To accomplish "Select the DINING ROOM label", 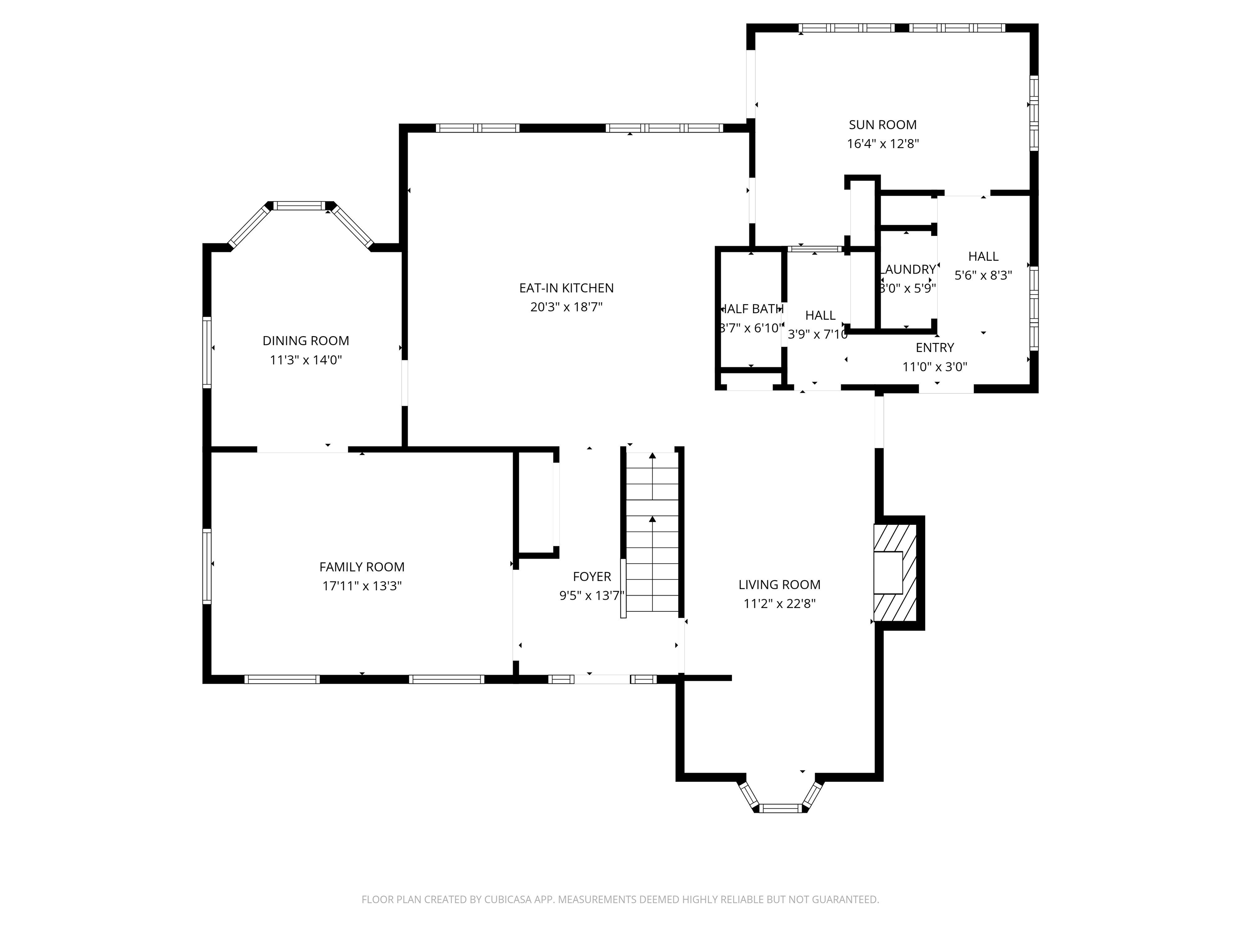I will coord(306,341).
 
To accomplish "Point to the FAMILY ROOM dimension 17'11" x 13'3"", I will coord(362,586).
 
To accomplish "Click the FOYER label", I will coord(592,576).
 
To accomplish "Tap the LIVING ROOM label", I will coord(779,585).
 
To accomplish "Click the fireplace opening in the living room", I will coord(888,573).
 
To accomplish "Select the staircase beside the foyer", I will coord(652,533).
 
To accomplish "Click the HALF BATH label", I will coord(752,309).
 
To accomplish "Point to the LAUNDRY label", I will coord(908,270).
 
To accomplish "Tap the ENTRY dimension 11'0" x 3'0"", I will coord(935,367).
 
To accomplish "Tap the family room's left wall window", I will coord(207,566).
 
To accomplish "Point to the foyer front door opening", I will coord(602,679).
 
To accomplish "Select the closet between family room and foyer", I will coord(536,502).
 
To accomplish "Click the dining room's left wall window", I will coord(207,352).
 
